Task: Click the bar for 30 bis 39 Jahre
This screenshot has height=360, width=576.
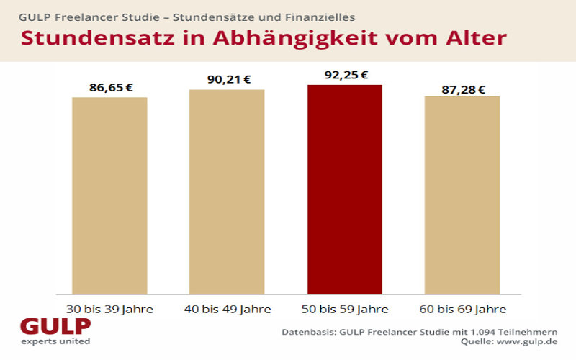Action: click(x=109, y=194)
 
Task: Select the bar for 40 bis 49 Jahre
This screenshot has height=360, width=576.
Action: click(x=227, y=191)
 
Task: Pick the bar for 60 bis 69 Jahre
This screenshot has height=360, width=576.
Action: click(x=462, y=194)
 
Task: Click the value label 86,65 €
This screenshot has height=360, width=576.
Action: click(x=109, y=88)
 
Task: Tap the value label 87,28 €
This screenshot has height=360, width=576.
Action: click(x=462, y=89)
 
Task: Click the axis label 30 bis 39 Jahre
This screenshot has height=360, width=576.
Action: click(x=109, y=310)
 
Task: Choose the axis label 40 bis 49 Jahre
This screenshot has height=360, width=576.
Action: click(x=227, y=310)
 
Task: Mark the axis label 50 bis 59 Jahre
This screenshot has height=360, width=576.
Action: click(x=344, y=310)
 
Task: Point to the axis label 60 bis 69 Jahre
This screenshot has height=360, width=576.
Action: click(x=462, y=310)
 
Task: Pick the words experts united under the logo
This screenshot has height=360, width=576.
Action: click(x=55, y=341)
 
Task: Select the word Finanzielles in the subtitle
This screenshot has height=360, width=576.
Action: click(x=322, y=15)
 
